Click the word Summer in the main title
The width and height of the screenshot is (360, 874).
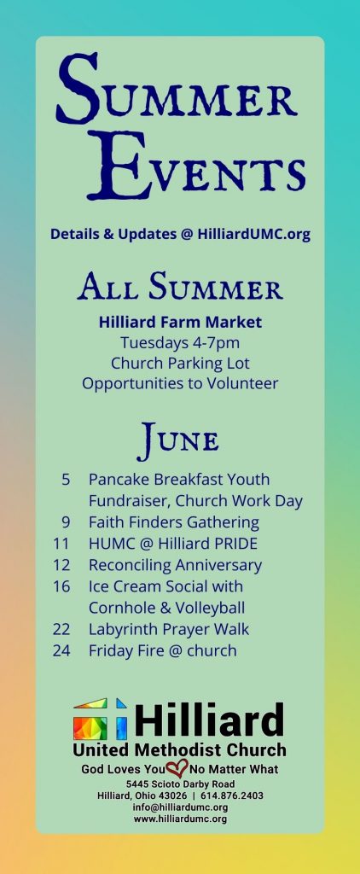click(177, 90)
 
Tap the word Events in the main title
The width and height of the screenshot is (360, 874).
click(196, 166)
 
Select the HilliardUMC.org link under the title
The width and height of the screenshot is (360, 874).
click(253, 235)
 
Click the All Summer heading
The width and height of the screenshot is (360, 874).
click(180, 287)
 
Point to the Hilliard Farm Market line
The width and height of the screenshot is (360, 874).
click(180, 322)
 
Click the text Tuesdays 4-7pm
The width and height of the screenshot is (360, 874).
click(180, 343)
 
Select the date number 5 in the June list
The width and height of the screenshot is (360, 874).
click(66, 480)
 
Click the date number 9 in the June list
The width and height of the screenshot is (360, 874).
click(66, 522)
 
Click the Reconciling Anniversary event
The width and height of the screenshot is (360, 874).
click(175, 565)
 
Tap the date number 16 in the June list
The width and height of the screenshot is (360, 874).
click(61, 586)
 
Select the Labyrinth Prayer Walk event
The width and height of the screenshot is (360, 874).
click(169, 629)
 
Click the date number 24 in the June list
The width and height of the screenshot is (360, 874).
click(61, 650)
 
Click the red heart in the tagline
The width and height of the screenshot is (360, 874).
click(177, 769)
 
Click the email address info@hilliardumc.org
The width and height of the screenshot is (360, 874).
click(180, 807)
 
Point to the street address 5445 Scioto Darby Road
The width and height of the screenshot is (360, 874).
click(180, 785)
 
